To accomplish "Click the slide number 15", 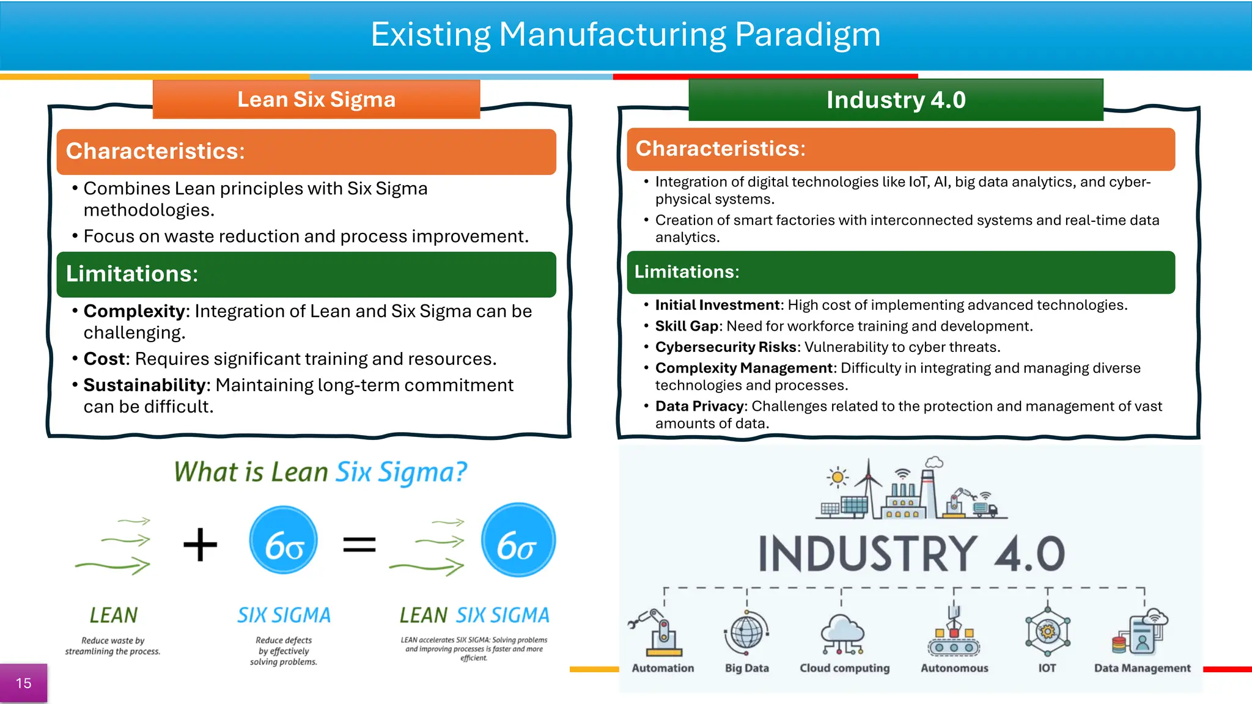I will [x=23, y=683].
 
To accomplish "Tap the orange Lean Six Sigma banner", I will [x=316, y=100].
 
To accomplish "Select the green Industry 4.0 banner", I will [x=896, y=100].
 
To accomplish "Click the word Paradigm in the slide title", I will [x=807, y=35].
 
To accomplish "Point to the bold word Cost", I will [x=105, y=359].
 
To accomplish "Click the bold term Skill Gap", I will [x=687, y=326].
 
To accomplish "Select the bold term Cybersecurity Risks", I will [x=725, y=347].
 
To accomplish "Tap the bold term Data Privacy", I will [x=699, y=406].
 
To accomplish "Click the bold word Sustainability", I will [x=144, y=385].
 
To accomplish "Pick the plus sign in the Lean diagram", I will [x=201, y=544].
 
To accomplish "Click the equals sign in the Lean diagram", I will [x=359, y=544].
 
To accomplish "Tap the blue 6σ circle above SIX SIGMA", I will [x=284, y=540].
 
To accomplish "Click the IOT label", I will [x=1047, y=668].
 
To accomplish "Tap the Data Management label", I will [x=1142, y=668].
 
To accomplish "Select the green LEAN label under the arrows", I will [x=114, y=615].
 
